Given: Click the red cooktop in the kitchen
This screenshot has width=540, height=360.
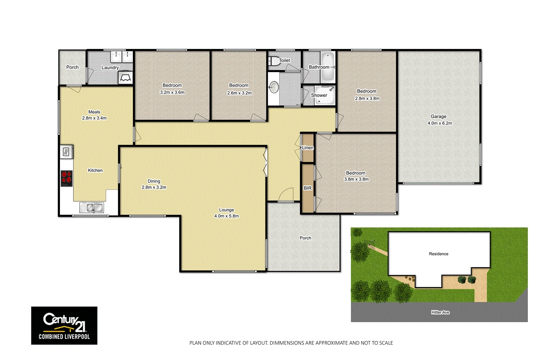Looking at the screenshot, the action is point(67,179).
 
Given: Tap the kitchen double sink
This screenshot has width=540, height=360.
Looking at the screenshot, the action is point(92,207).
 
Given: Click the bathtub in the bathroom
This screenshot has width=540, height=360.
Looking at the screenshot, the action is point(328,67).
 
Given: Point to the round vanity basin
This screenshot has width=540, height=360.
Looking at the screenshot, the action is point(274,87).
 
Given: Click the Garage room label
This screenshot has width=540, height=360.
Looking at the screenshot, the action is point(438,116).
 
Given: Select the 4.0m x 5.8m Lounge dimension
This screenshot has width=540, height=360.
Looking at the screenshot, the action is point(226,216).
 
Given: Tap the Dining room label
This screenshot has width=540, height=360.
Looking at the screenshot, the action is point(154,181).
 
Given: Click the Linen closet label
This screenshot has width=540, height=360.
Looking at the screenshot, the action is point(308,148).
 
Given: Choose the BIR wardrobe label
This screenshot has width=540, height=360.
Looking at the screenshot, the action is point(308,188).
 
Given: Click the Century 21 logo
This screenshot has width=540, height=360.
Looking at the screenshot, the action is point(64,325).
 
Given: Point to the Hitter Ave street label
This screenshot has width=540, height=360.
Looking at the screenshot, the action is point(440,312).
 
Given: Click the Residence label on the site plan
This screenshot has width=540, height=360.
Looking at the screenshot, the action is point(438,254).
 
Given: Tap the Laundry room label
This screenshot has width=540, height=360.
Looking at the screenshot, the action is point(110,68).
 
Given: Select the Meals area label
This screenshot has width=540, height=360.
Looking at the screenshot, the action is point(94,112).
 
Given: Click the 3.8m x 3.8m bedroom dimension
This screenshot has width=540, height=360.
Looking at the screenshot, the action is point(356,179).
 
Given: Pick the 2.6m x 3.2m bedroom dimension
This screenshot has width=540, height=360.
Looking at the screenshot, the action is point(239,93).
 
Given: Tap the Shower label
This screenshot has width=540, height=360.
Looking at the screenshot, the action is point(319,95).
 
